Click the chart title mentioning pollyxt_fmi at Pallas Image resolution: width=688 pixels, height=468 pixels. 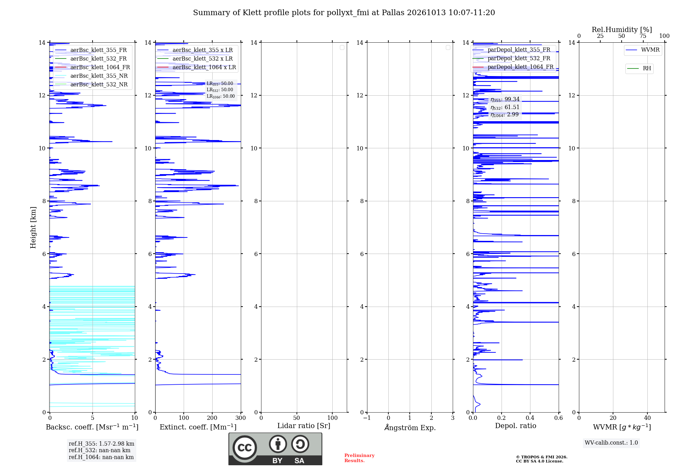pyautogui.click(x=344, y=13)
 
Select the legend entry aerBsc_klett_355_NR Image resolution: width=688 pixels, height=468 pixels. pyautogui.click(x=91, y=76)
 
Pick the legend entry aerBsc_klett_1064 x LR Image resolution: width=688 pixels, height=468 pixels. pyautogui.click(x=196, y=67)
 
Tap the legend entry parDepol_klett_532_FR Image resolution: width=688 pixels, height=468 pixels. pyautogui.click(x=513, y=58)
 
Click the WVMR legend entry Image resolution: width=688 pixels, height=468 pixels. pyautogui.click(x=643, y=50)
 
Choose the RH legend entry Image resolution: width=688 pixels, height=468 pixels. pyautogui.click(x=639, y=68)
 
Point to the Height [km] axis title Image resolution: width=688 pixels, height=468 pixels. pyautogui.click(x=33, y=227)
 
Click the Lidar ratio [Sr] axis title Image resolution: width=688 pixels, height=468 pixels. pyautogui.click(x=304, y=426)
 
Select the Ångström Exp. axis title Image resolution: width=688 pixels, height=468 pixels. pyautogui.click(x=410, y=427)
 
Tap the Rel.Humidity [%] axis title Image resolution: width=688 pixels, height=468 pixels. pyautogui.click(x=622, y=30)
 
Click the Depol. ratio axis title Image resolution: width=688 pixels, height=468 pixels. pyautogui.click(x=516, y=426)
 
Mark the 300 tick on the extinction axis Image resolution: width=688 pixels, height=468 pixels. pyautogui.click(x=241, y=418)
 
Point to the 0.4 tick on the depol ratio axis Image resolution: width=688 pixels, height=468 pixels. pyautogui.click(x=530, y=418)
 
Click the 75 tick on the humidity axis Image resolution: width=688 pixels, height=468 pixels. pyautogui.click(x=643, y=36)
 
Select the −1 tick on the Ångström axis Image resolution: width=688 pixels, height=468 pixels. pyautogui.click(x=367, y=418)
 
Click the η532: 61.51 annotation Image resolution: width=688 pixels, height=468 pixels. pyautogui.click(x=505, y=107)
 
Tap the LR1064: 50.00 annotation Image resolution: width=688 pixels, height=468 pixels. pyautogui.click(x=221, y=96)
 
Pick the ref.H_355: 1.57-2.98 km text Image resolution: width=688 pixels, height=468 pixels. pyautogui.click(x=101, y=444)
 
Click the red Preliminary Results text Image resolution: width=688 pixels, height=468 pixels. pyautogui.click(x=359, y=458)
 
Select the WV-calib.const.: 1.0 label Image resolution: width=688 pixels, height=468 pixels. pyautogui.click(x=611, y=443)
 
